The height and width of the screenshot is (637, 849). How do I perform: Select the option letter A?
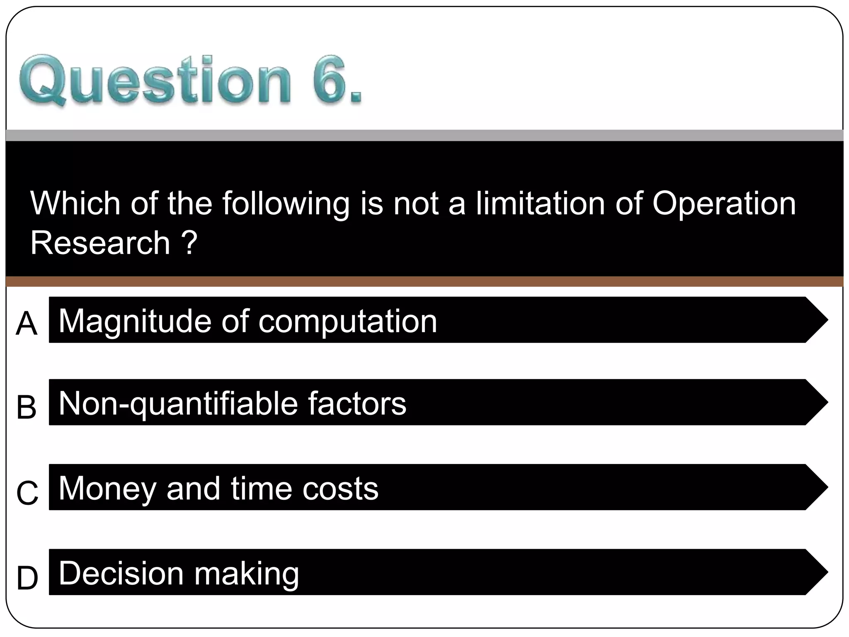click(27, 324)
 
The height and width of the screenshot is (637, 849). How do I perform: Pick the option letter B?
click(27, 407)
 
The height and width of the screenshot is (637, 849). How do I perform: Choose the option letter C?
click(27, 492)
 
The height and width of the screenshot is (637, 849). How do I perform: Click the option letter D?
click(27, 578)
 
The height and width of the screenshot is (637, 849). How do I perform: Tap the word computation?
click(348, 321)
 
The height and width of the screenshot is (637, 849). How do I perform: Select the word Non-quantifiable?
click(178, 404)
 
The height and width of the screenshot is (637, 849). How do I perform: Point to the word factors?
click(357, 404)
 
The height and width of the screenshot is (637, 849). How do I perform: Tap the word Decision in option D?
click(121, 573)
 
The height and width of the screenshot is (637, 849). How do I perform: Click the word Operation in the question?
click(724, 204)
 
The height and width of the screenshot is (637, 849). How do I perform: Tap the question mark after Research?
click(189, 243)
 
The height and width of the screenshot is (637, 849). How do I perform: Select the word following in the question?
click(286, 204)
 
